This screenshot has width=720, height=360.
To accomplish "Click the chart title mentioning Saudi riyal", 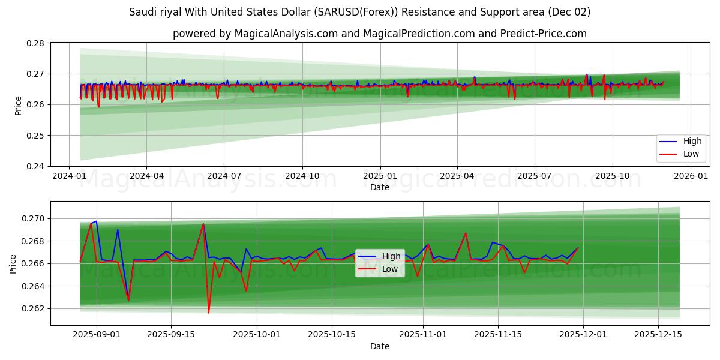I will (x=359, y=12).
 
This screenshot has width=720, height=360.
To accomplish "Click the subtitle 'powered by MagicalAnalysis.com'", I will (x=379, y=34).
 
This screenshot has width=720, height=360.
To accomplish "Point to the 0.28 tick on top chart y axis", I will (x=37, y=43).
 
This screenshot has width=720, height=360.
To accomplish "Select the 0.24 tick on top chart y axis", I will (x=37, y=166).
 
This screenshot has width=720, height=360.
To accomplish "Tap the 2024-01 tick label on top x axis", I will (x=69, y=176).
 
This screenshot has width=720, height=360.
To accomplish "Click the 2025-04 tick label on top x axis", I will (x=457, y=176).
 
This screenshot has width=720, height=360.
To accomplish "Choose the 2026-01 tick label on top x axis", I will (x=691, y=176).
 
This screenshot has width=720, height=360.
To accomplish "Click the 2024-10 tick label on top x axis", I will (x=302, y=176).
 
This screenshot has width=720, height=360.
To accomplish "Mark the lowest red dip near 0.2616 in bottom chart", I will (x=209, y=313).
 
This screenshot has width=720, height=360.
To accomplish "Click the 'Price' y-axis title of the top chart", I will (x=18, y=105).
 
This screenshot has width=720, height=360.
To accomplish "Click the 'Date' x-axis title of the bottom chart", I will (x=379, y=346).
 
